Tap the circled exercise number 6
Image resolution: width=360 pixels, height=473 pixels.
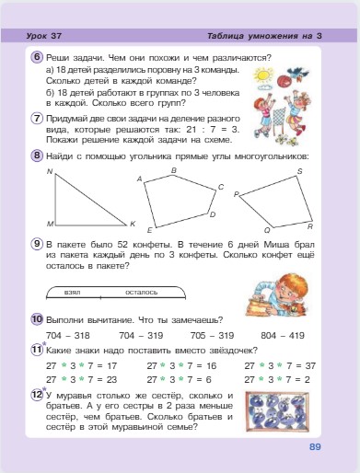point(37,56)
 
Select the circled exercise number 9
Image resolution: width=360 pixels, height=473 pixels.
point(37,243)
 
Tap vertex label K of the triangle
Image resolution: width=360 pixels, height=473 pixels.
point(132,225)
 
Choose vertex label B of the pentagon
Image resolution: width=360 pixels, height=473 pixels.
point(174,170)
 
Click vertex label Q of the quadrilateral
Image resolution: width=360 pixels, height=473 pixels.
point(266,229)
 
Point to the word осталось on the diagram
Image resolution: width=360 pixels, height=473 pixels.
point(141,292)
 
